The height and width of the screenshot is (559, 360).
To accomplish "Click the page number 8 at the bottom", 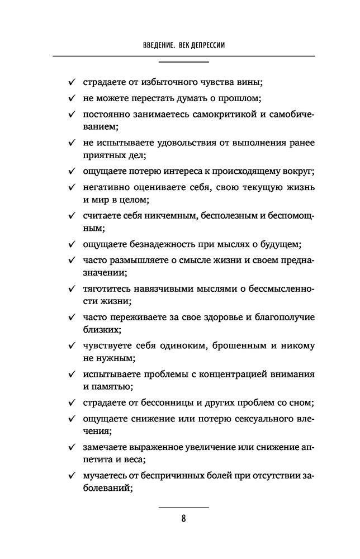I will coord(183,518).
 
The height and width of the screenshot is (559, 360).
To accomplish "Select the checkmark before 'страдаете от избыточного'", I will coord(73,83).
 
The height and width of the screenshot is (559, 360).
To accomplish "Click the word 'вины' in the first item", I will coord(251,83).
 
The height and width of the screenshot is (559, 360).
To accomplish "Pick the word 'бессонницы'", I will coord(159,403).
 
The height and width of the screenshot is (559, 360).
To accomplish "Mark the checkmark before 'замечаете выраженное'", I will coord(73,448).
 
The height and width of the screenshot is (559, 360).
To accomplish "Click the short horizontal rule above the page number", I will coord(183,506).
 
